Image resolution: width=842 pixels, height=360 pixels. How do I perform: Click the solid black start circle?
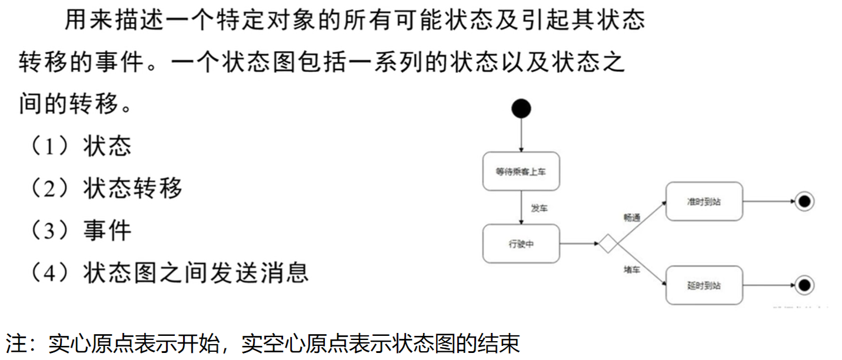coord(521,108)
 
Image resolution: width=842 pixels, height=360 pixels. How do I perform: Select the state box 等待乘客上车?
coord(521,172)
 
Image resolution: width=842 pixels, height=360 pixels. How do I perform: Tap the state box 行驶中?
coord(521,244)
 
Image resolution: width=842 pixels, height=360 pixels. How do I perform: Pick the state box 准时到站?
coord(704,201)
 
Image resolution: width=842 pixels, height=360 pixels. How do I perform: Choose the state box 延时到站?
coord(704,285)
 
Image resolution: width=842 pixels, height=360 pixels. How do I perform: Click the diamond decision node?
coord(607,244)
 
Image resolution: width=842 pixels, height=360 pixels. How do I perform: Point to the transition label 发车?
coord(539,208)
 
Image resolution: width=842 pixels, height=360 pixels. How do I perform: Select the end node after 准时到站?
coord(804,201)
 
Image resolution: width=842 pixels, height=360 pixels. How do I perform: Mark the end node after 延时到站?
coord(804,285)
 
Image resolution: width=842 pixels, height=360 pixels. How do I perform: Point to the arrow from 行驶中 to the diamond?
coord(579,244)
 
